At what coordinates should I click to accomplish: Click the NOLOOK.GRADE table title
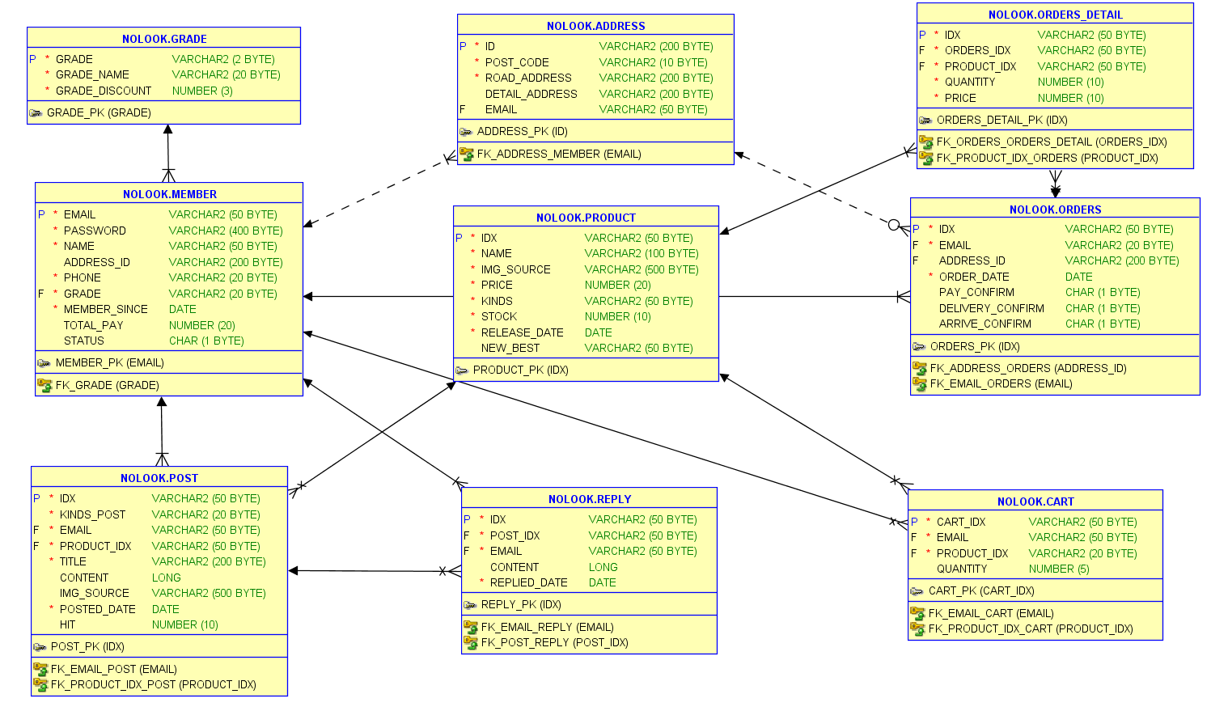[164, 39]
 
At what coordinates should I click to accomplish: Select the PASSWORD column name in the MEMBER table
[95, 231]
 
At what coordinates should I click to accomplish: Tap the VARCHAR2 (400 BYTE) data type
[226, 231]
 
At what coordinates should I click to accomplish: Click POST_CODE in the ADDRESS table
[517, 62]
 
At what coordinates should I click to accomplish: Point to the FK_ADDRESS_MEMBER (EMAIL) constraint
[559, 154]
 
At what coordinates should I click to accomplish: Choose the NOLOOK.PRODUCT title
[586, 218]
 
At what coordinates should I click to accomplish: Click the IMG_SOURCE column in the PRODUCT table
[515, 269]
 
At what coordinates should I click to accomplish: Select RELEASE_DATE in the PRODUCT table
[522, 332]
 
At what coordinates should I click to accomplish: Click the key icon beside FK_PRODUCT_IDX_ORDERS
[925, 158]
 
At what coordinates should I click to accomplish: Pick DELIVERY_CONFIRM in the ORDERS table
[991, 308]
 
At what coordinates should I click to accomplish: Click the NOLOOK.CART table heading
[1035, 502]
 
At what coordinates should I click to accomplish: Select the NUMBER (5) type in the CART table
[1059, 569]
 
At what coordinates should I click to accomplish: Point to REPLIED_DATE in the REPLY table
[528, 582]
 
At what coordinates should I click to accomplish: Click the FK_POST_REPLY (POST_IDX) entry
[554, 642]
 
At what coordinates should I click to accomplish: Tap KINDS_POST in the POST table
[92, 514]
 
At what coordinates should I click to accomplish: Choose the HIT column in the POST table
[67, 624]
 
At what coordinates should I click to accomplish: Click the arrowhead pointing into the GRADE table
[168, 129]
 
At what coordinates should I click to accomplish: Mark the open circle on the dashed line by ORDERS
[894, 225]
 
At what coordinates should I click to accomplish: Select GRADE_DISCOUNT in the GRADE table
[104, 91]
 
